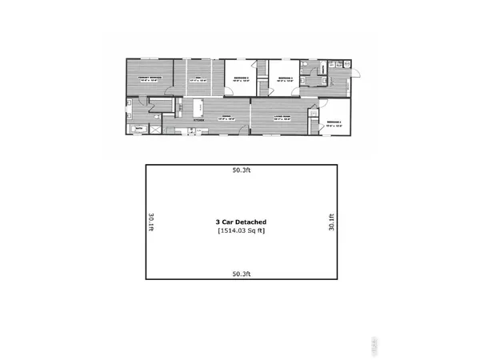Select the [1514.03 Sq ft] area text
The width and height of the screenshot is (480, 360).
pyautogui.click(x=241, y=230)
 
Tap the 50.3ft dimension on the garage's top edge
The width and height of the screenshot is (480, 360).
pyautogui.click(x=241, y=170)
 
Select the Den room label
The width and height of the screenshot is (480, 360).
pyautogui.click(x=197, y=77)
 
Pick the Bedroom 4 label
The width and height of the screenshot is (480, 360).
pyautogui.click(x=334, y=122)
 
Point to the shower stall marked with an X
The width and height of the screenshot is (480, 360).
pyautogui.click(x=154, y=128)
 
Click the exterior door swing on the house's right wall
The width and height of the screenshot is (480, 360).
pyautogui.click(x=356, y=73)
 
